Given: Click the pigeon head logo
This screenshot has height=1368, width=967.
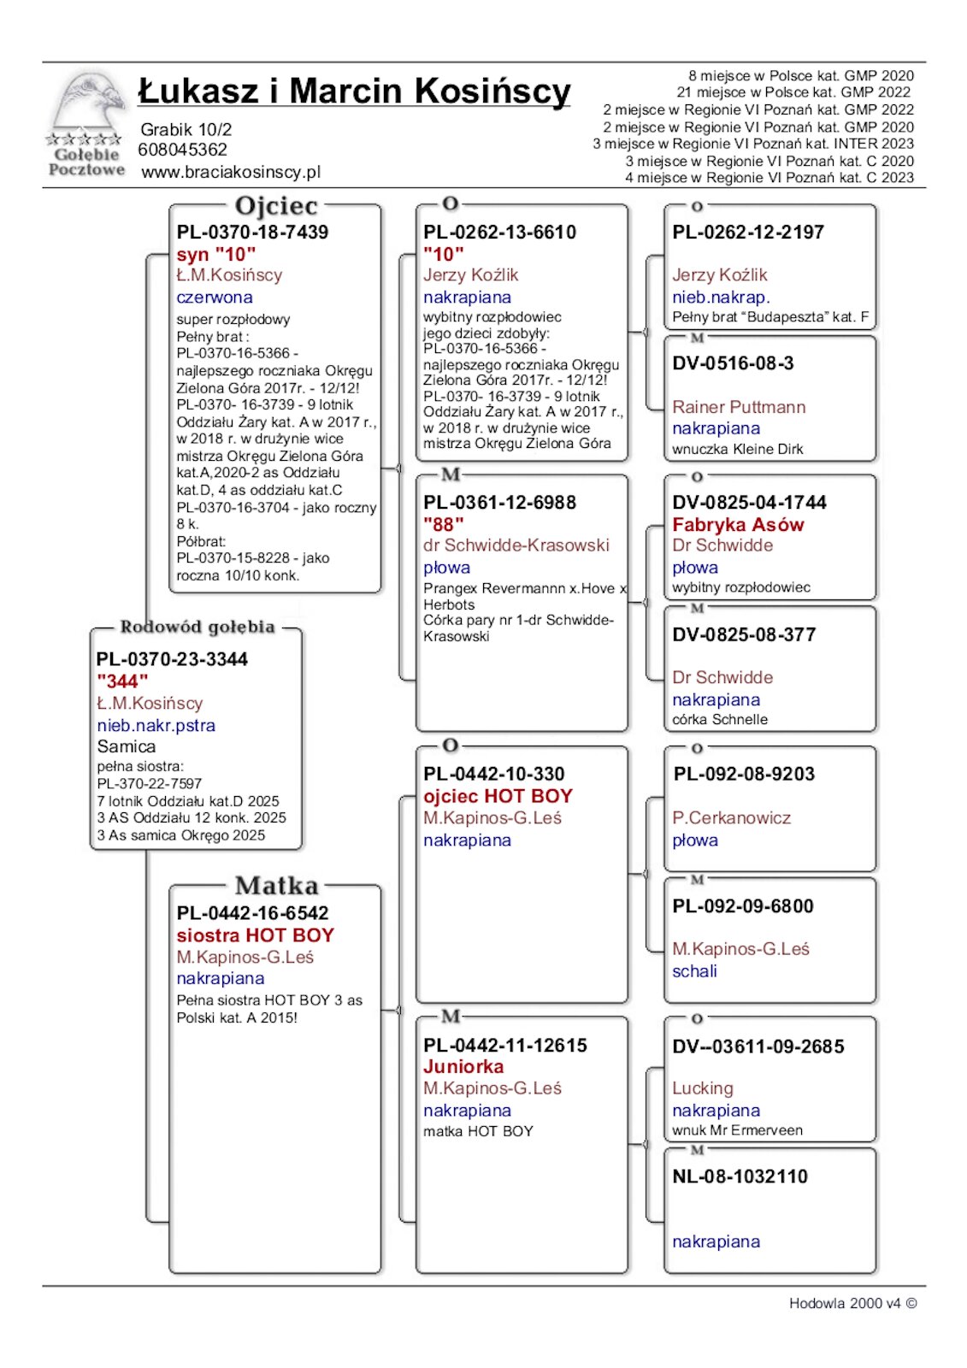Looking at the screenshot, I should (x=86, y=107).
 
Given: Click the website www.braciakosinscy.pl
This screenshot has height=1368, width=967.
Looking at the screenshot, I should (x=231, y=172).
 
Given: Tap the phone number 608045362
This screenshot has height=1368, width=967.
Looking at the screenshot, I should (x=183, y=150).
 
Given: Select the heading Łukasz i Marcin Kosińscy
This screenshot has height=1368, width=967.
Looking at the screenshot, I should (x=354, y=91).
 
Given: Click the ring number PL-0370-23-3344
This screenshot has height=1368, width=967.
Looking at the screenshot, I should (x=172, y=659).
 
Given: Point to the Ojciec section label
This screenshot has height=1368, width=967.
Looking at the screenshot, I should (x=275, y=206).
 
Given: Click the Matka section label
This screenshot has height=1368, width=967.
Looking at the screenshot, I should (x=276, y=885).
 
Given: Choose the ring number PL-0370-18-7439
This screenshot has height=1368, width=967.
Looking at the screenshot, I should (x=252, y=232).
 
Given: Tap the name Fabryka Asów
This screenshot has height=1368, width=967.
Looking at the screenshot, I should (x=738, y=525).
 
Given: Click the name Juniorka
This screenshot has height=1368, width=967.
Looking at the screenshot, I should (x=463, y=1067).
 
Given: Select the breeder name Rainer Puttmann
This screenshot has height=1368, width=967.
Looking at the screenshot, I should (x=739, y=407).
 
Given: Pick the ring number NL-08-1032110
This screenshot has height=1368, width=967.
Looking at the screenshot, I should (x=740, y=1176).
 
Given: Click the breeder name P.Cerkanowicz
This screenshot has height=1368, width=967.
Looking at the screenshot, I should (x=731, y=818).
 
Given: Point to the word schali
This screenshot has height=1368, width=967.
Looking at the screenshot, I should (x=694, y=971).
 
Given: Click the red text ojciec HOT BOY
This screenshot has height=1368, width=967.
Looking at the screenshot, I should (x=498, y=796).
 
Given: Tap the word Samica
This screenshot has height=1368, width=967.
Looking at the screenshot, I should (x=127, y=746).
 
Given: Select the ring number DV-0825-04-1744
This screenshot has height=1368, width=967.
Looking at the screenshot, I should (x=749, y=503).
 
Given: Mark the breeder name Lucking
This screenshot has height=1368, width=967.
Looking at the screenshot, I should (x=703, y=1088).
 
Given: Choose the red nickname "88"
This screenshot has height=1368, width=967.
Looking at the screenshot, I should (x=443, y=524).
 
